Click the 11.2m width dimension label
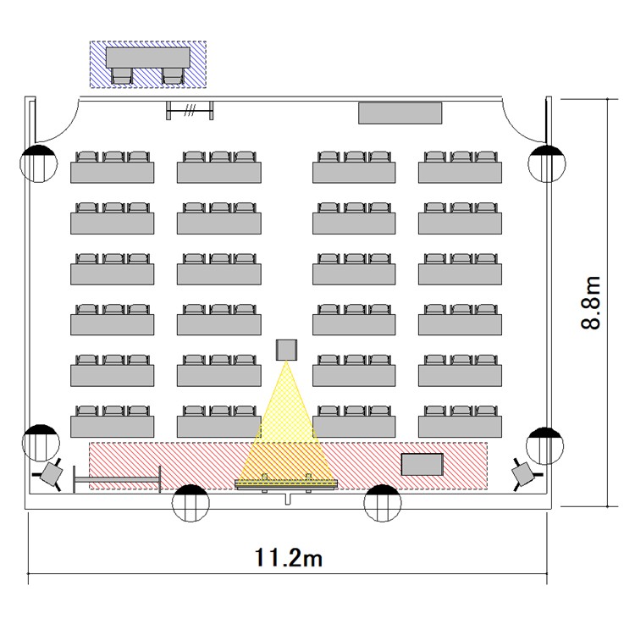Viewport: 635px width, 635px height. (x=289, y=558)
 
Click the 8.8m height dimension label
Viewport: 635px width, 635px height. (x=590, y=302)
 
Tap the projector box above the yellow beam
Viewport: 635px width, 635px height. (x=286, y=350)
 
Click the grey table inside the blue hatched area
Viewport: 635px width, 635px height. (x=148, y=58)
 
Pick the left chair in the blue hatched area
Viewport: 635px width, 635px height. (x=122, y=75)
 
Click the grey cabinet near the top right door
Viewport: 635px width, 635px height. (x=400, y=113)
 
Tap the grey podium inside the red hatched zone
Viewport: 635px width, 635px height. (x=422, y=464)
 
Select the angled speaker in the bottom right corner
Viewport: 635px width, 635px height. (x=525, y=474)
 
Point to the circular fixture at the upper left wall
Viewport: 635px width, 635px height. (x=38, y=163)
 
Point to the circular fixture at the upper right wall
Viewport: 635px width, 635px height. (x=547, y=163)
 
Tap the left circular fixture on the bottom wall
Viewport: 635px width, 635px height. (x=190, y=503)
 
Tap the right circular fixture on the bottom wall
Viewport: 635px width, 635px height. (x=383, y=503)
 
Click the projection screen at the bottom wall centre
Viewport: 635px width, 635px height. (x=286, y=484)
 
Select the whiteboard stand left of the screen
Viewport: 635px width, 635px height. (x=117, y=479)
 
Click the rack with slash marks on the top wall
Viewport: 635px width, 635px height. (x=190, y=110)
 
